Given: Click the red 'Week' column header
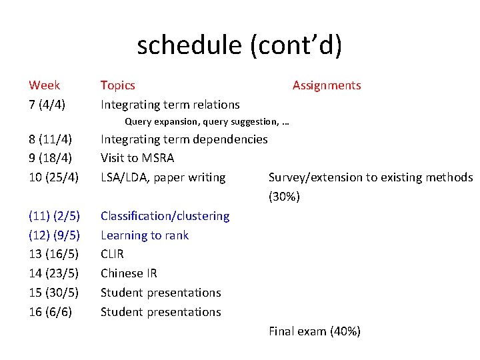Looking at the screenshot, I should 44,85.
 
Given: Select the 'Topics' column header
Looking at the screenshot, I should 117,85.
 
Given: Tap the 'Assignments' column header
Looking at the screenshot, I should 327,85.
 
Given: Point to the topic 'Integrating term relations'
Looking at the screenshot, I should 170,105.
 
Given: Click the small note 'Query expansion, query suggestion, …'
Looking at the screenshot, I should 207,122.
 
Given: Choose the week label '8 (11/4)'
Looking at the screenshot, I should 51,139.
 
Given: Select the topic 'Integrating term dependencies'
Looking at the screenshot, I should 184,139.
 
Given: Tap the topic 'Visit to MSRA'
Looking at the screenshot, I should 137,159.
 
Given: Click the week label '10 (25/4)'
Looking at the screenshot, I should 54,177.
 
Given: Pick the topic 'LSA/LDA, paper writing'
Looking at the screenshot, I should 163,177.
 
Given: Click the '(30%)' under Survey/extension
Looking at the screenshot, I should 284,197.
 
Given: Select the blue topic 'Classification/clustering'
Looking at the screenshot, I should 165,216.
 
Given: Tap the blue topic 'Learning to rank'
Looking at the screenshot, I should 145,235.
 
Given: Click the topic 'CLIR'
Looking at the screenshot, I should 112,254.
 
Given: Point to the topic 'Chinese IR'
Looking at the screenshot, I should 129,273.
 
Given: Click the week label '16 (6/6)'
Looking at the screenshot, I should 51,312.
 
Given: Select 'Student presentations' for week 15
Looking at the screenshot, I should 161,293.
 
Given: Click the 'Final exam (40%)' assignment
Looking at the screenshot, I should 315,331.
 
